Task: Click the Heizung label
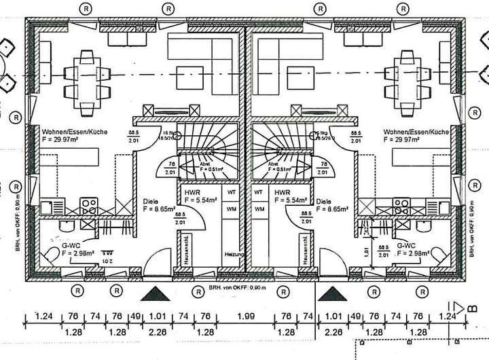233,254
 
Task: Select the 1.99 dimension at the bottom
246,316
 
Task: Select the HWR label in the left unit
191,193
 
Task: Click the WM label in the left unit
231,208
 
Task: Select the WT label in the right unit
259,192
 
